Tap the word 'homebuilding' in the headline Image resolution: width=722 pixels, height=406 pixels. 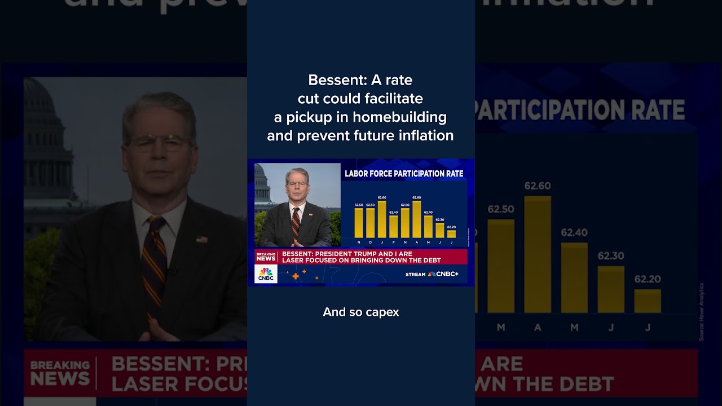400,117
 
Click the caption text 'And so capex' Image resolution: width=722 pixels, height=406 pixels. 360,312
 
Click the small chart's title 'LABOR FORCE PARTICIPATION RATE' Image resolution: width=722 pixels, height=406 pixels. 404,174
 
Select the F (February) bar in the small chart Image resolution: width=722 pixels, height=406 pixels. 393,227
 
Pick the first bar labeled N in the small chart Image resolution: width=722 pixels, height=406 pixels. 359,223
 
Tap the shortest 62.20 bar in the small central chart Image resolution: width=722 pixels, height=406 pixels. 451,234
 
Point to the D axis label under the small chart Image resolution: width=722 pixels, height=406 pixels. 371,242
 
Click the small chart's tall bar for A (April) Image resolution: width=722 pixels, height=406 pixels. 417,219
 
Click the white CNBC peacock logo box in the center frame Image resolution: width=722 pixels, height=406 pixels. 266,273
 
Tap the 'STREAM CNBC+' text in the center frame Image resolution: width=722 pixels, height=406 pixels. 432,274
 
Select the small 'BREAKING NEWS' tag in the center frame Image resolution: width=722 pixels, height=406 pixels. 266,257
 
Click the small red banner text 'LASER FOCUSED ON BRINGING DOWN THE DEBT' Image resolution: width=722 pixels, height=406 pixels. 361,261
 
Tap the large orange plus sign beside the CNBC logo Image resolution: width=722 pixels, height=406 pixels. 296,276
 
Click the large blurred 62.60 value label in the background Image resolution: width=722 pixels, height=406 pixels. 537,186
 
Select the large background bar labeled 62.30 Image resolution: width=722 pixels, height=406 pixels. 611,289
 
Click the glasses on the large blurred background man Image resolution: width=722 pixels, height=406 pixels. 159,143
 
